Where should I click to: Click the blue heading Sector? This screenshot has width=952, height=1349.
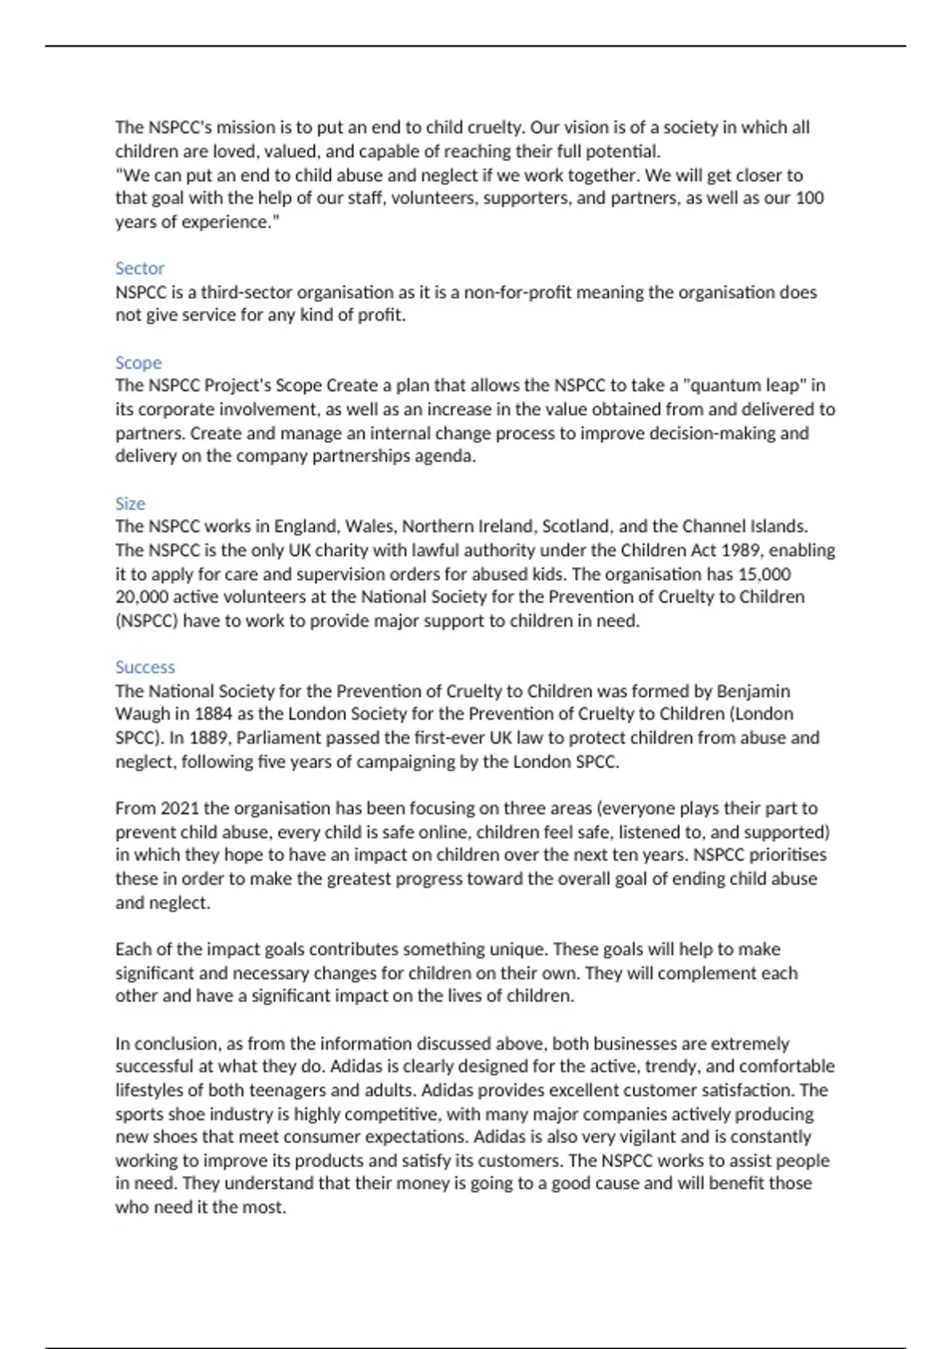140,268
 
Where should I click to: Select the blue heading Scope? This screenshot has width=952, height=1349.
138,363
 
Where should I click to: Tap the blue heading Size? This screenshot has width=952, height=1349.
130,504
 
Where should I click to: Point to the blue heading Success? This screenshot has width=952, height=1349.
144,667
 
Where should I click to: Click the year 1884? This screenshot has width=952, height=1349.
213,713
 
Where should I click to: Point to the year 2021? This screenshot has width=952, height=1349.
178,808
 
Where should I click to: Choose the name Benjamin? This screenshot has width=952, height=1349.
753,690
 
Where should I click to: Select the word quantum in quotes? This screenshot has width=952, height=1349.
720,386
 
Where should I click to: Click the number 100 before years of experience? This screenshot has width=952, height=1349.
809,198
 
